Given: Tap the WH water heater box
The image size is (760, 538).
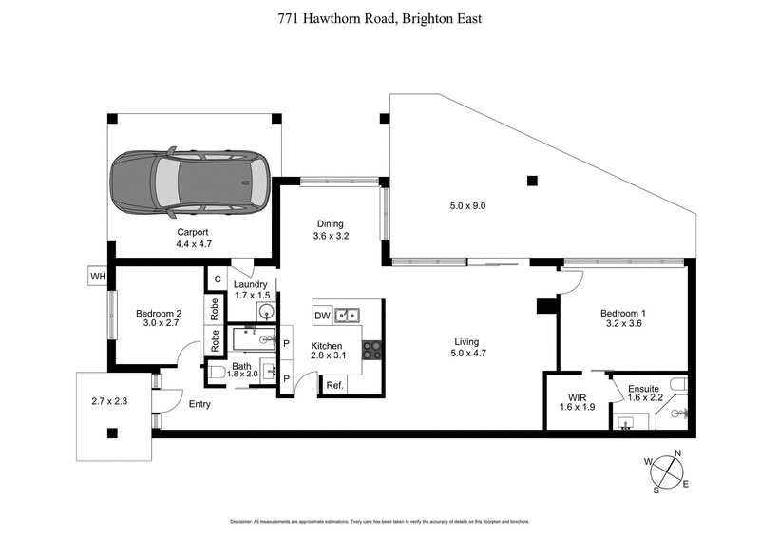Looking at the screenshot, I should (97, 277).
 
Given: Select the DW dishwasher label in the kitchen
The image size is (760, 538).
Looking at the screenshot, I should (322, 315).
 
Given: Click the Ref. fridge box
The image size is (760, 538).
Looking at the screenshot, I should (334, 385).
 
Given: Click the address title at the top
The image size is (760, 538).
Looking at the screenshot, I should (379, 17).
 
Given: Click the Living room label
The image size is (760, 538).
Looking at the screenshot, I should (465, 342).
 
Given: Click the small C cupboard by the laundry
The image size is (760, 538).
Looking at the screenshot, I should (218, 279).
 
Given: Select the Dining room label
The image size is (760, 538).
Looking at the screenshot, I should (330, 225).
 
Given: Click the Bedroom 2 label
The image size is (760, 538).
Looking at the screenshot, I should (158, 314).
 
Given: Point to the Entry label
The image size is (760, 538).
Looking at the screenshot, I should (199, 404).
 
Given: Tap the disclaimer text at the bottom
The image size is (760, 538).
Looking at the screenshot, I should (379, 522).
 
